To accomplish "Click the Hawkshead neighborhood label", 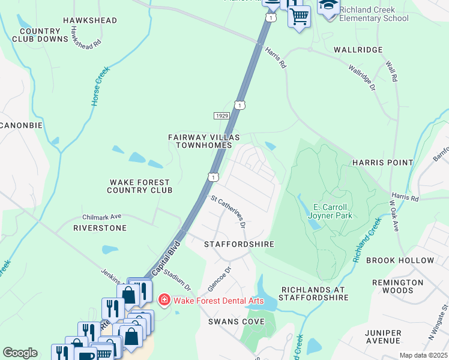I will [x=89, y=20].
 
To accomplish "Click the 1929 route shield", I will [x=220, y=115].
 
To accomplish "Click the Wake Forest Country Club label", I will [x=139, y=186].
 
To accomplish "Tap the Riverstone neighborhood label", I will [x=100, y=228].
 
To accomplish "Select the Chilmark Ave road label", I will [x=101, y=217].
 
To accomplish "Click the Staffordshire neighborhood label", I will [x=239, y=244].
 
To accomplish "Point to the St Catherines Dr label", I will [x=228, y=211].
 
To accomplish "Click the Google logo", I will [x=20, y=353].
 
